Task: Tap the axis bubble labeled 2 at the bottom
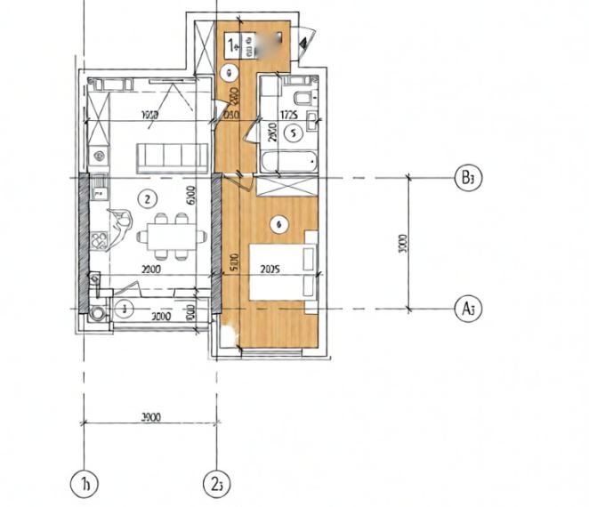pyautogui.click(x=218, y=484)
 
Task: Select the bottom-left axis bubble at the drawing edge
pyautogui.click(x=83, y=484)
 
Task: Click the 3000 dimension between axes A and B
pyautogui.click(x=402, y=242)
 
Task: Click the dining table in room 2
pyautogui.click(x=166, y=236)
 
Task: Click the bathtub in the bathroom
pyautogui.click(x=288, y=163)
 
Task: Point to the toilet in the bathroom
pyautogui.click(x=302, y=96)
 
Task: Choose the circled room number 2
pyautogui.click(x=149, y=197)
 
